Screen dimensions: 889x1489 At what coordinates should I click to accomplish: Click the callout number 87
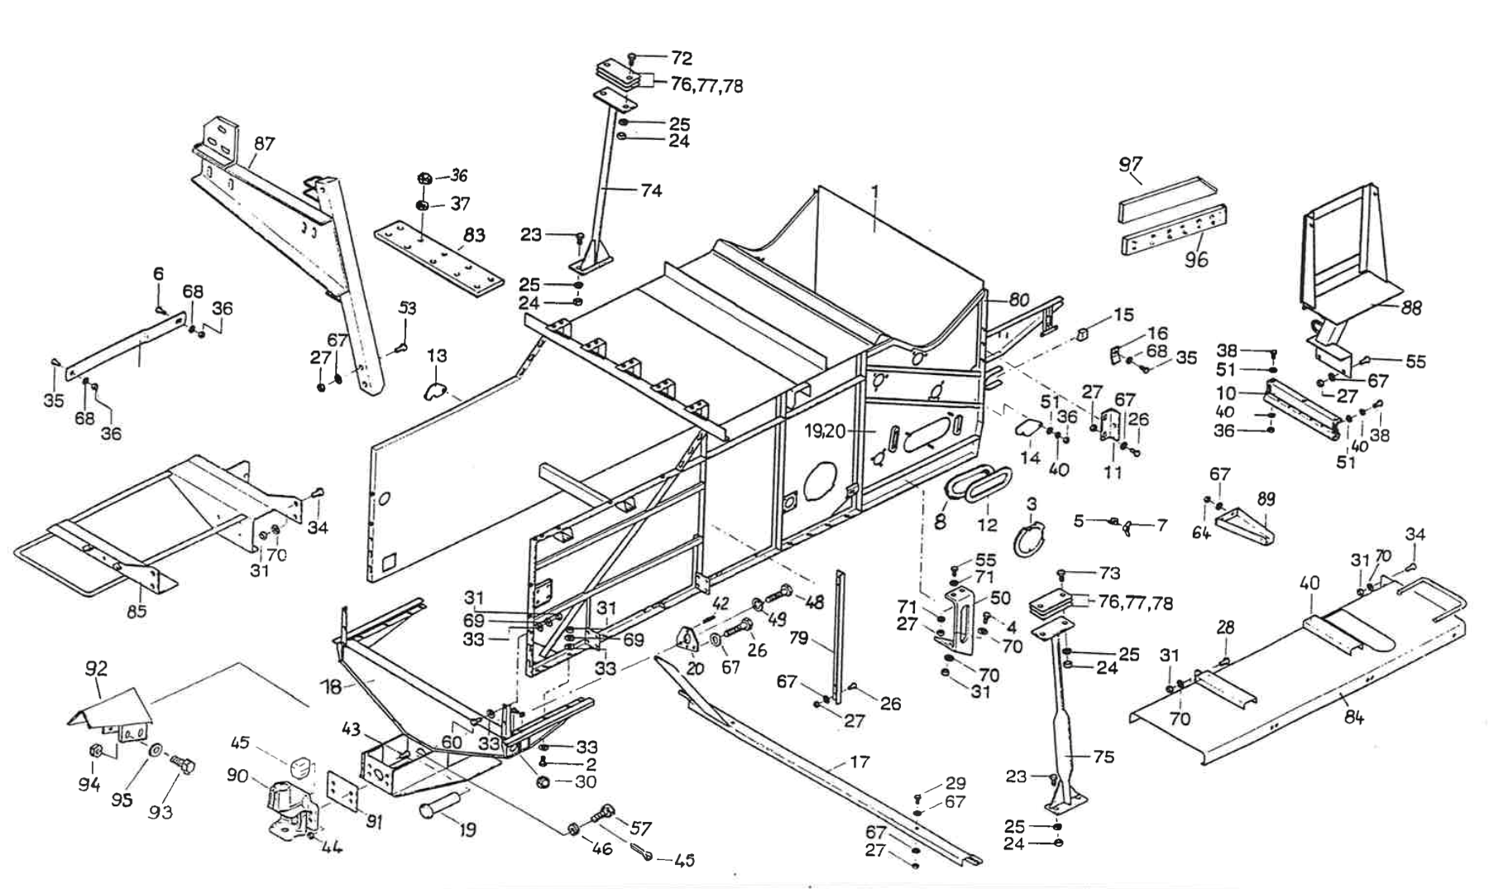pos(264,144)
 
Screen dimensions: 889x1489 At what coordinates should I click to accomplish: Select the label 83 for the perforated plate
pos(474,235)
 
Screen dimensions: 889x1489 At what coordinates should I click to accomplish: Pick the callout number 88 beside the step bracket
pos(1411,307)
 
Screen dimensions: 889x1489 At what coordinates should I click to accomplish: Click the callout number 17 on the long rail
pos(860,762)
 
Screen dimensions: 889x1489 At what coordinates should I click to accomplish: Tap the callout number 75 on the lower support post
pos(1104,757)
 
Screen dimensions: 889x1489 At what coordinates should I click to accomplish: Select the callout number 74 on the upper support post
pos(652,190)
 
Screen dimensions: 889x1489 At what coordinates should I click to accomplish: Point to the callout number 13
pos(437,356)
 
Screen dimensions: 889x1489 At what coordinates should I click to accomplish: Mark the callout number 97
pos(1131,164)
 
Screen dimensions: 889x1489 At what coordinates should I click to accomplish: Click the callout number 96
pos(1196,259)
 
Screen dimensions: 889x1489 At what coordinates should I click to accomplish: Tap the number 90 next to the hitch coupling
pos(238,776)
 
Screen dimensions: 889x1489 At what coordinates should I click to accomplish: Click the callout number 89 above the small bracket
pos(1266,498)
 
